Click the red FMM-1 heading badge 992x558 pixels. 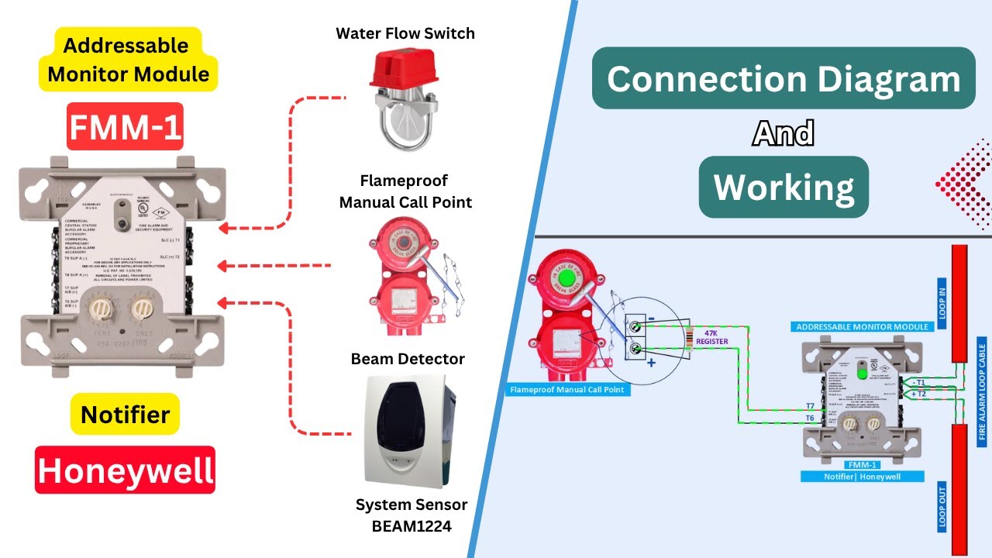tap(125, 126)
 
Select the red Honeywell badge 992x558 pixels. tap(125, 470)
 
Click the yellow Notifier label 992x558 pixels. tap(125, 414)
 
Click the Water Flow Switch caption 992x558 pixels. tap(405, 33)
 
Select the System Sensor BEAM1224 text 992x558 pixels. tap(411, 515)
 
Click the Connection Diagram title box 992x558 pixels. tap(783, 78)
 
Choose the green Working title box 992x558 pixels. tap(784, 187)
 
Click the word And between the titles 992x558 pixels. tap(783, 134)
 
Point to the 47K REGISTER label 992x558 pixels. tap(711, 337)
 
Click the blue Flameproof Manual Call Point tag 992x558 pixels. tap(566, 390)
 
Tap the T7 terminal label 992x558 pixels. tap(809, 405)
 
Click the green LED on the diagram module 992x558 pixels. tap(861, 373)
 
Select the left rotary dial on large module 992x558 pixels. tap(98, 309)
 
